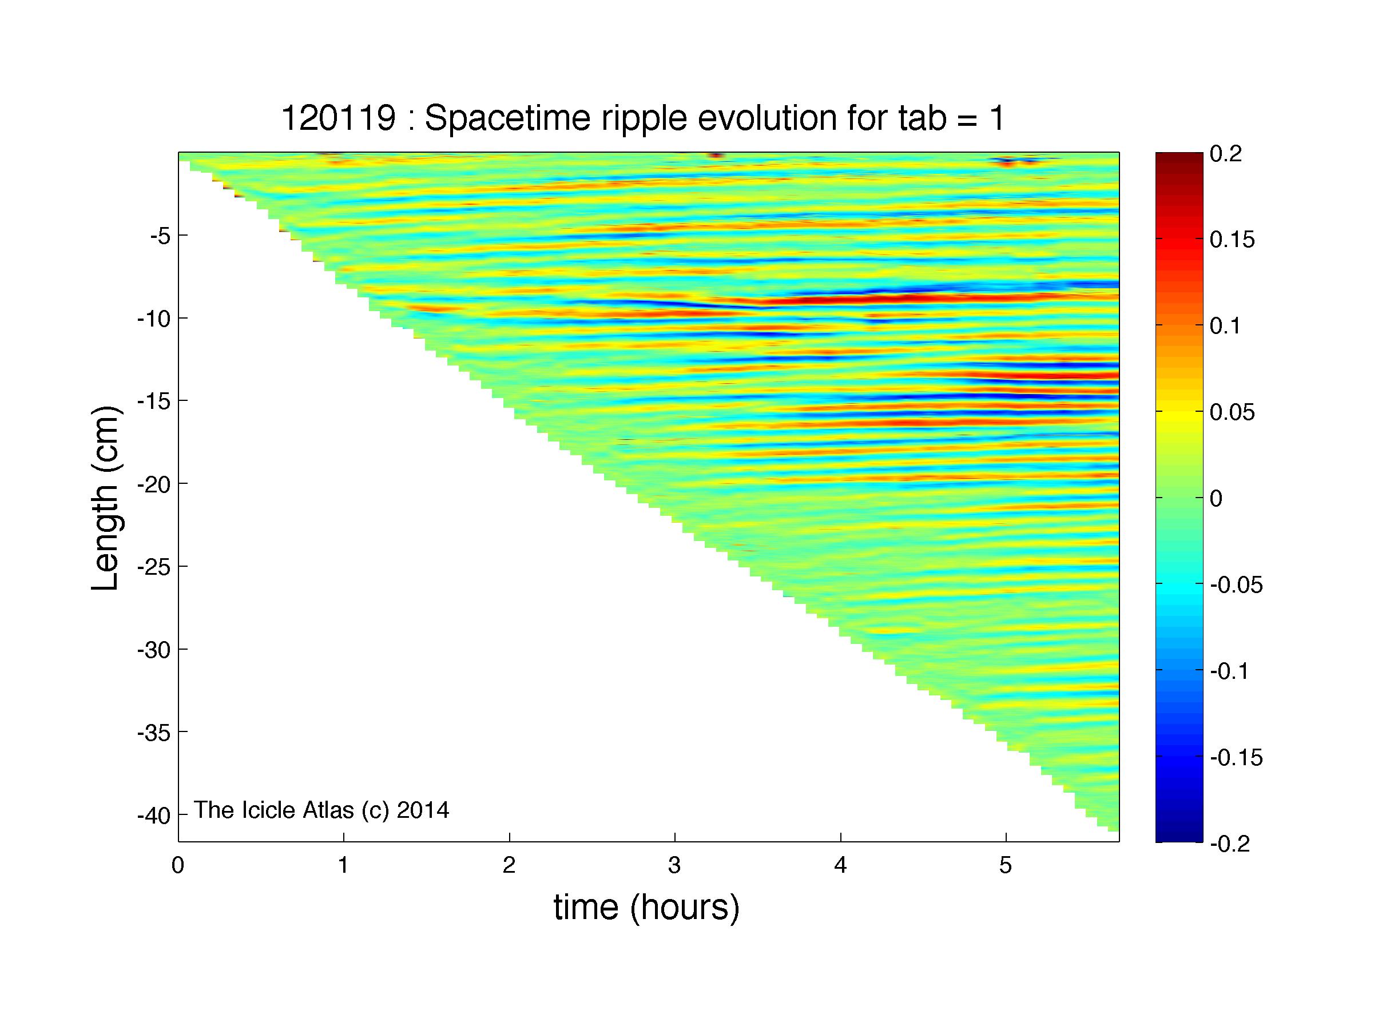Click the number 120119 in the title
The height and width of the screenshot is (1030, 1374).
pyautogui.click(x=338, y=118)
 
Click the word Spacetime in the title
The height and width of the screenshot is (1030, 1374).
pyautogui.click(x=507, y=119)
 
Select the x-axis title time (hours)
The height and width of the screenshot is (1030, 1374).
pyautogui.click(x=646, y=908)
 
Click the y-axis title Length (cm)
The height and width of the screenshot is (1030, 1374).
pyautogui.click(x=105, y=499)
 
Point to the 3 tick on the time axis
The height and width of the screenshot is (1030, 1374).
pyautogui.click(x=674, y=865)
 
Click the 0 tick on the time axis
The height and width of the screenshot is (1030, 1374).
pyautogui.click(x=178, y=865)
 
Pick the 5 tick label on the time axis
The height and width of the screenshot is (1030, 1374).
pyautogui.click(x=1006, y=865)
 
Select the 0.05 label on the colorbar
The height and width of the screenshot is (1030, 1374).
pyautogui.click(x=1232, y=412)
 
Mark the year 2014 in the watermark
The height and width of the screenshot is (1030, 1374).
pyautogui.click(x=422, y=810)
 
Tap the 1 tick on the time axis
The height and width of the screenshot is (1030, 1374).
pyautogui.click(x=343, y=865)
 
